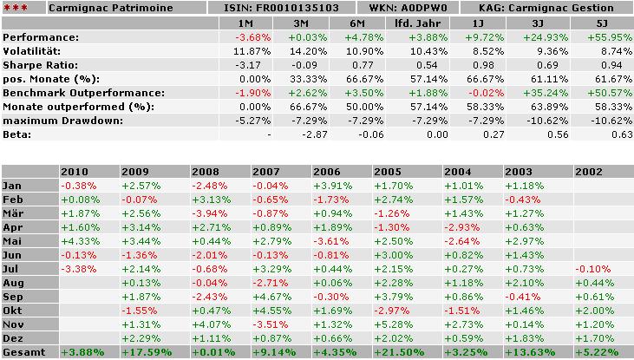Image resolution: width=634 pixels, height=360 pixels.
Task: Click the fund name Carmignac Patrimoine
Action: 110,8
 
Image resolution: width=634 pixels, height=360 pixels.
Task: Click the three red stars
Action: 15,9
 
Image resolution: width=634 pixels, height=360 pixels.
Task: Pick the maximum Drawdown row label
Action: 52,121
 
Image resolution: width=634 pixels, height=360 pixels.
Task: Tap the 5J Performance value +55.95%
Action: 613,37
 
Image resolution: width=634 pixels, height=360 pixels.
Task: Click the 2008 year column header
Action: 206,172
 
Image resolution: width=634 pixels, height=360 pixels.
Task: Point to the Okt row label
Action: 14,311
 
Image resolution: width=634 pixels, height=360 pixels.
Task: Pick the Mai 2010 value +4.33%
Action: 78,241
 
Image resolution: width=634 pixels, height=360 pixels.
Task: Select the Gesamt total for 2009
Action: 144,352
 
